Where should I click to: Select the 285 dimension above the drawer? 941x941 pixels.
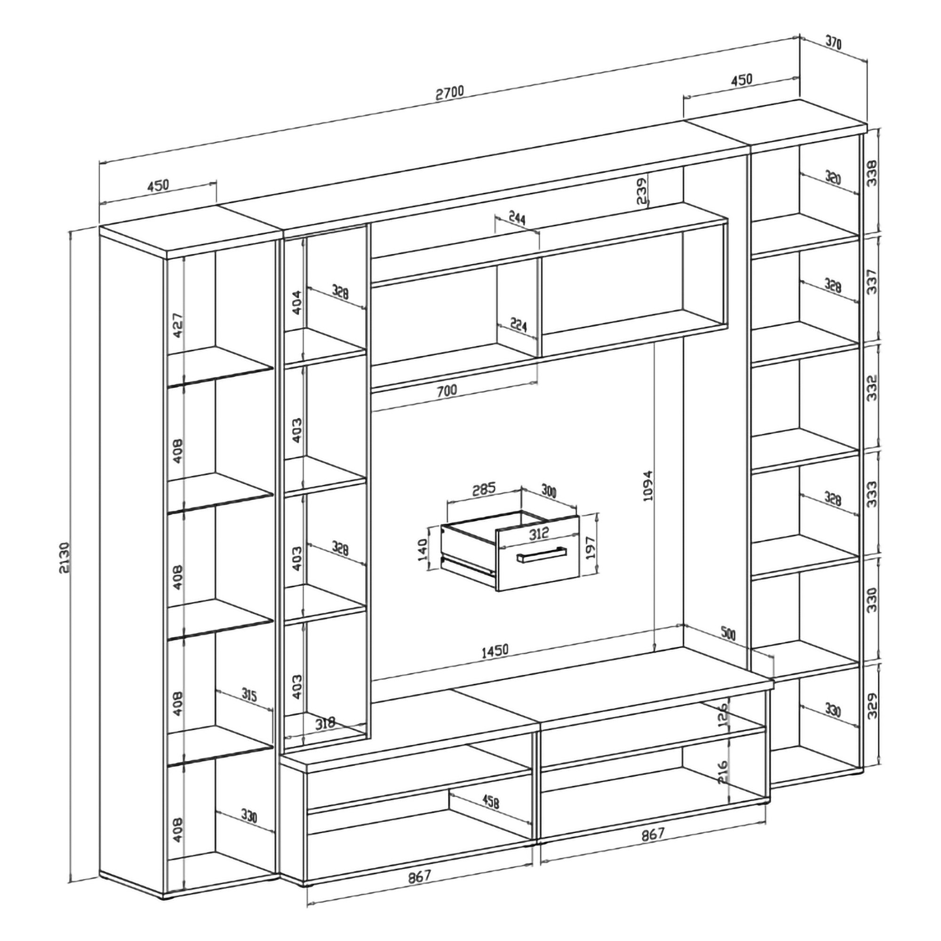pyautogui.click(x=484, y=488)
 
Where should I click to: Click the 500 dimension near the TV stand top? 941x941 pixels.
pyautogui.click(x=728, y=634)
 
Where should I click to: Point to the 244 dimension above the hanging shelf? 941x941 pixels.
pyautogui.click(x=517, y=218)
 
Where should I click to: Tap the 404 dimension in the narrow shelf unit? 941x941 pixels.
pyautogui.click(x=296, y=302)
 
